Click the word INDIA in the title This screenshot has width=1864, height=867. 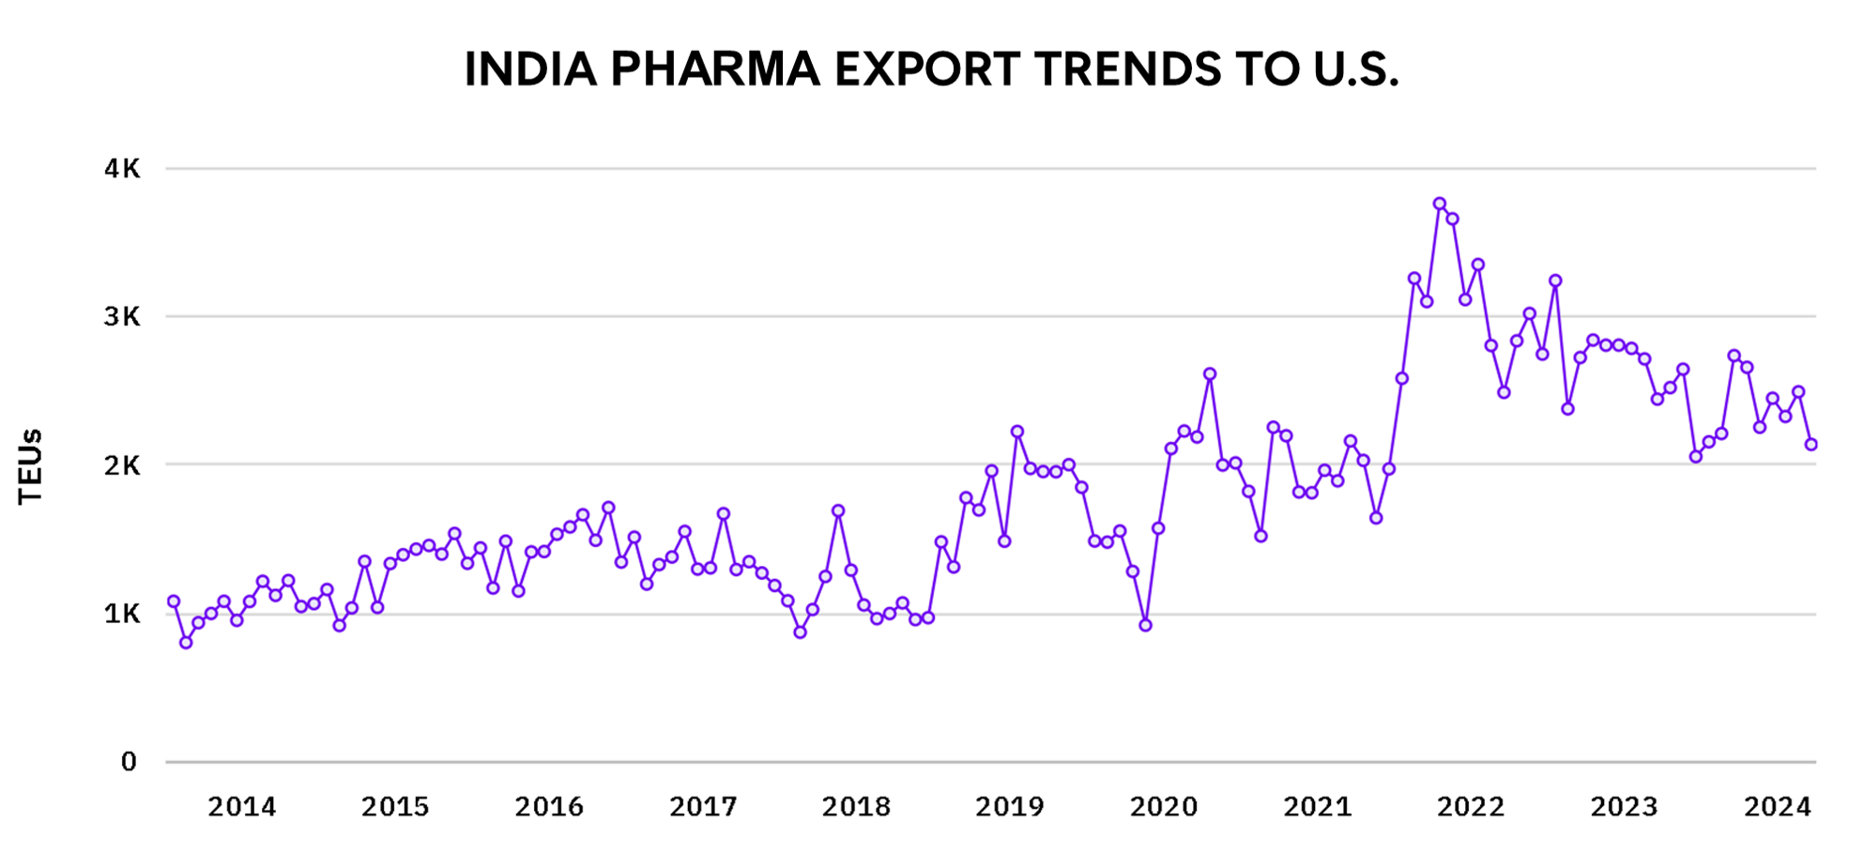[530, 69]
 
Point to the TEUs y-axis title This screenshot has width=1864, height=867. [31, 466]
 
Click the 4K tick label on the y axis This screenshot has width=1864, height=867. [122, 169]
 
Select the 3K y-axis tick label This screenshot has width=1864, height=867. [122, 317]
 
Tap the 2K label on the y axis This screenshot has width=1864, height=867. [122, 465]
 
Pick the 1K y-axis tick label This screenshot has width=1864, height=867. [122, 614]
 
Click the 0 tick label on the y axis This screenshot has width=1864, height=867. [130, 762]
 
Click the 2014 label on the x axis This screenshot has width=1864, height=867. [241, 807]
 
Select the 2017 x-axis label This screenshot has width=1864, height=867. [703, 807]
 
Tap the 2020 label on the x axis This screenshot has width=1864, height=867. [1164, 807]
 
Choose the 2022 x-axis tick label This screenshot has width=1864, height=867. [1471, 807]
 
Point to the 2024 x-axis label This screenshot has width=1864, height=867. [1778, 807]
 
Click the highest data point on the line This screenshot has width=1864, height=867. [1440, 204]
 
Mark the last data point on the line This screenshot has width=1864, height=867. [1811, 445]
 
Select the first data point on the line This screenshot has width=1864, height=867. [174, 601]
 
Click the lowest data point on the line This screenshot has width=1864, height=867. [186, 643]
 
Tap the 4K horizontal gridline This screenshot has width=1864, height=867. [939, 169]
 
